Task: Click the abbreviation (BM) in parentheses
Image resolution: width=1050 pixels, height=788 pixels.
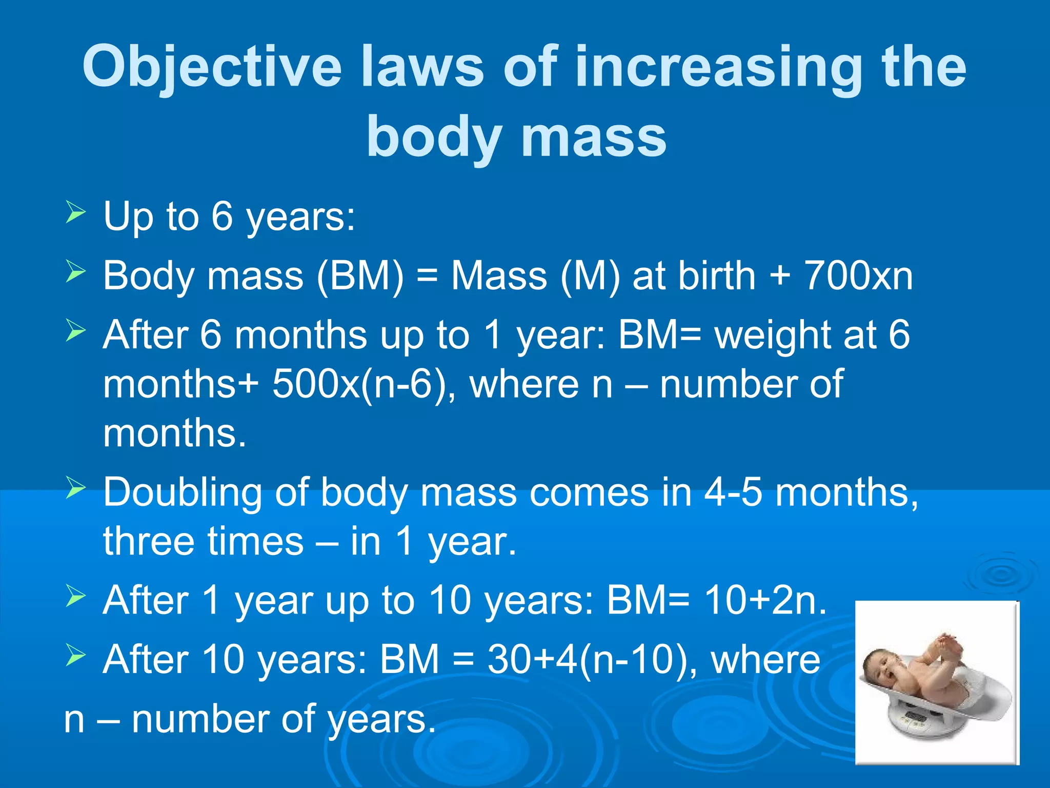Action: coord(360,276)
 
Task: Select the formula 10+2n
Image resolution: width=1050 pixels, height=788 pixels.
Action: coord(765,600)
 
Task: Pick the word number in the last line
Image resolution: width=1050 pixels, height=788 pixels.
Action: coord(200,719)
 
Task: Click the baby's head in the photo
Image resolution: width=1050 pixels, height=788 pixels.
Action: coord(882,667)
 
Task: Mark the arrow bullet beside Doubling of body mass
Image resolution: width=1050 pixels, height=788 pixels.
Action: coord(75,487)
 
